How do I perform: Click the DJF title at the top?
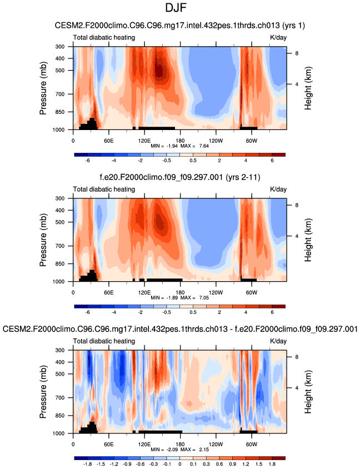tap(179, 9)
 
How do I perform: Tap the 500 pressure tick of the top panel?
tap(61, 71)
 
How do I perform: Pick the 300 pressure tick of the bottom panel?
tap(61, 351)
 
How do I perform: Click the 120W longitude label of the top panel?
tap(215, 140)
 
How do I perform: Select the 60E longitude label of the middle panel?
tap(109, 292)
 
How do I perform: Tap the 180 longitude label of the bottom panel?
tap(180, 443)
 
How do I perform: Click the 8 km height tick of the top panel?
tap(296, 53)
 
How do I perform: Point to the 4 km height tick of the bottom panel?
tap(296, 388)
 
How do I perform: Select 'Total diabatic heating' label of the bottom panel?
tap(104, 341)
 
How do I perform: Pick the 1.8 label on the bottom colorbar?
tap(272, 463)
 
